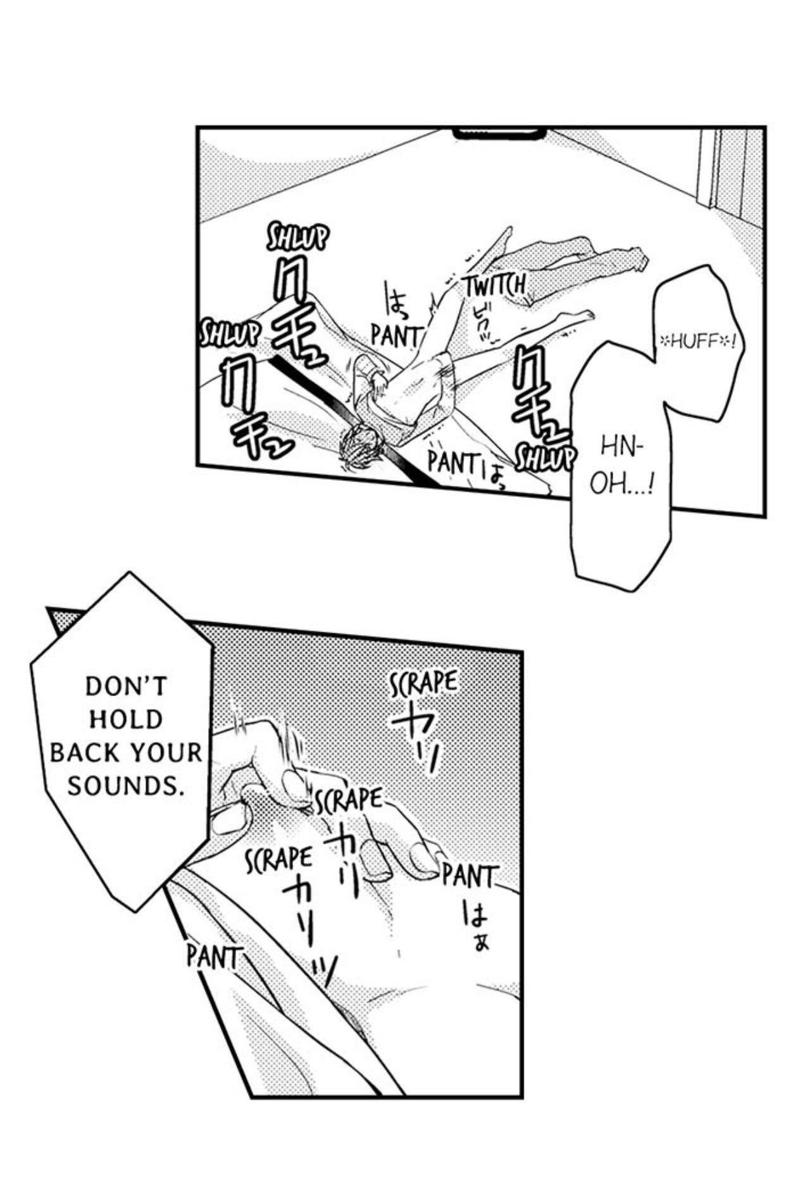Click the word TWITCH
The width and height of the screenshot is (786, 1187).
(496, 286)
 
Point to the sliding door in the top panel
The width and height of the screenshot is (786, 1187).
(728, 171)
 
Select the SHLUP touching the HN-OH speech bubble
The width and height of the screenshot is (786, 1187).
(545, 457)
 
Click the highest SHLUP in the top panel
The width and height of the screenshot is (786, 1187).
(297, 239)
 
